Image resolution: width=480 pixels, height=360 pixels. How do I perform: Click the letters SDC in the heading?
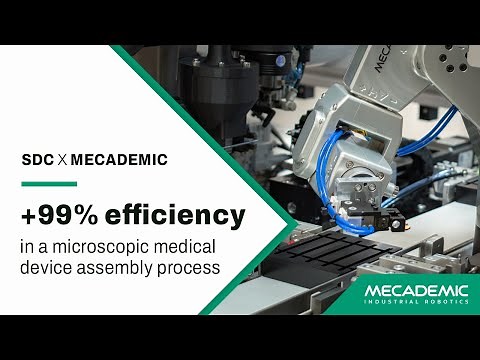(x=39, y=159)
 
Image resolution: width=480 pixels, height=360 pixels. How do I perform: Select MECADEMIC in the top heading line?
(x=120, y=159)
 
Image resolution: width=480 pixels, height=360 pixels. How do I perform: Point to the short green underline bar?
(x=49, y=183)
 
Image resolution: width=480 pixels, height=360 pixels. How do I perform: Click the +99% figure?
(x=61, y=214)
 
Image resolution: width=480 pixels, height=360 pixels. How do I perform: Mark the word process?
(x=190, y=269)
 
